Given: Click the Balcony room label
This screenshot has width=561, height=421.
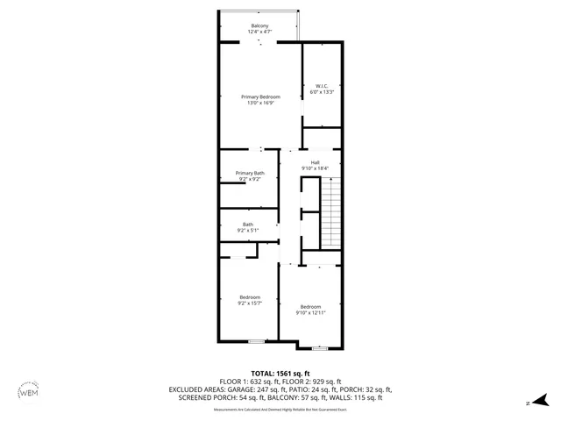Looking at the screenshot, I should (x=260, y=26).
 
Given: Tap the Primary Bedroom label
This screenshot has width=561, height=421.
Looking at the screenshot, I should (x=260, y=96).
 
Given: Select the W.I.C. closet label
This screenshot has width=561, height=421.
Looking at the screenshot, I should (x=322, y=86).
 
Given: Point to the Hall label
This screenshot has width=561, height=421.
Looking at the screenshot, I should (x=314, y=162).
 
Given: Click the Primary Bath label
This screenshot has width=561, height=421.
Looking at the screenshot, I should (x=249, y=173).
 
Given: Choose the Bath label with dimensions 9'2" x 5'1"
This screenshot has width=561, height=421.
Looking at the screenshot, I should (x=249, y=225).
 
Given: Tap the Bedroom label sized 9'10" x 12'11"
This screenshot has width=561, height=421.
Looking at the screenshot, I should (x=310, y=306).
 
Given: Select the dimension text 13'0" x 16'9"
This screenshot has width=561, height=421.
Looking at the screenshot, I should (x=260, y=103).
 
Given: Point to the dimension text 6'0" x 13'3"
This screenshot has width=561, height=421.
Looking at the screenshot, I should (x=322, y=91).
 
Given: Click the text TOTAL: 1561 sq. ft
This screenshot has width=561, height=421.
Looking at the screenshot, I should (x=281, y=373).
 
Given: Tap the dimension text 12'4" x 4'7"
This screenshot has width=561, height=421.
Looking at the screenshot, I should (x=260, y=32).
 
